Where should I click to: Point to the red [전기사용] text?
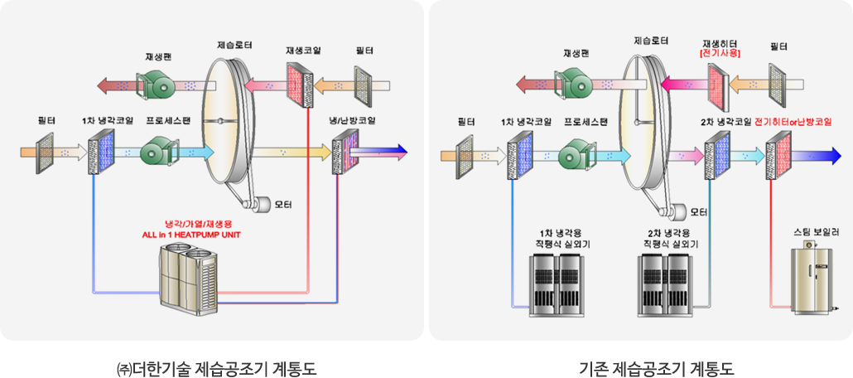pyautogui.click(x=719, y=53)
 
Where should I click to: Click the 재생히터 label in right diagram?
pyautogui.click(x=719, y=42)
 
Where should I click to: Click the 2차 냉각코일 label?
pyautogui.click(x=725, y=121)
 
